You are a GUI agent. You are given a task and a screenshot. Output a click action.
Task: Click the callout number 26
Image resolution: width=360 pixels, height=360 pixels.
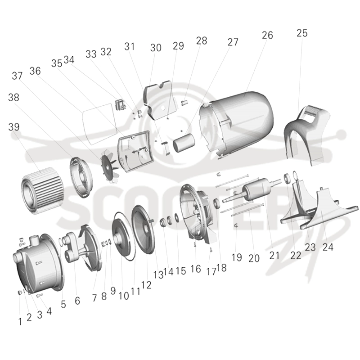point(267,36)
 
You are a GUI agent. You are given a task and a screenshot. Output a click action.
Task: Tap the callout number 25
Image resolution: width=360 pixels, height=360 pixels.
point(302,33)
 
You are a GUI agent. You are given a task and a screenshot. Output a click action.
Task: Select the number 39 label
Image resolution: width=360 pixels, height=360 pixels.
point(14,127)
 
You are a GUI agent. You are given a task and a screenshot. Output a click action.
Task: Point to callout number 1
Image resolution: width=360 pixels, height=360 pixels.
point(20,322)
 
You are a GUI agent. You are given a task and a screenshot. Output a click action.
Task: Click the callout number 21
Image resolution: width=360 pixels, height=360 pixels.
point(274,256)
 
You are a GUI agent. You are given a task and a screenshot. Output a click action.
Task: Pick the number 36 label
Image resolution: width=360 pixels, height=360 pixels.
point(35,71)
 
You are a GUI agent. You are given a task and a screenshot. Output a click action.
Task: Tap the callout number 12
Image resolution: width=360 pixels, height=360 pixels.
point(146,285)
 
